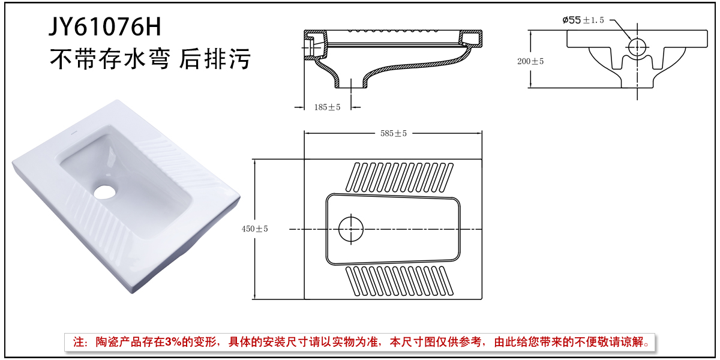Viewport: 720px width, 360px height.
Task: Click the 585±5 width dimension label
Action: [393, 133]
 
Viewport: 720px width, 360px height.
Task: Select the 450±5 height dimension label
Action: [254, 229]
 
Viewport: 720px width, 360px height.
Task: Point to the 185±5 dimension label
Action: [327, 107]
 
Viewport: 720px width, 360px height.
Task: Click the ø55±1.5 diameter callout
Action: [583, 20]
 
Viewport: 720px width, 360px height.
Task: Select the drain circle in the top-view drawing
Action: [351, 229]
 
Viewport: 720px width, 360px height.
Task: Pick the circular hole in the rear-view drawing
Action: [637, 46]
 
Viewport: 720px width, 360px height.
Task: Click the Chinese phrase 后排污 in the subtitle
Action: [214, 60]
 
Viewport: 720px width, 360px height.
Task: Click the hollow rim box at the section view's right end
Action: [472, 38]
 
